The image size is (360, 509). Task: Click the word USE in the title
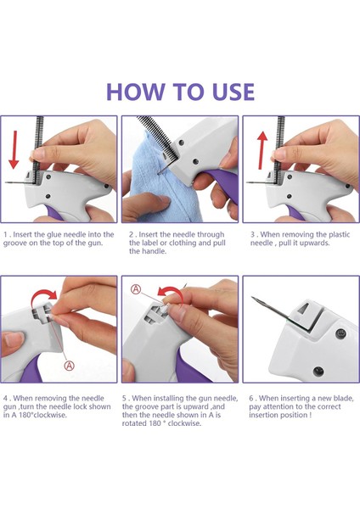(233, 92)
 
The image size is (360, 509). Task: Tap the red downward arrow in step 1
(14, 149)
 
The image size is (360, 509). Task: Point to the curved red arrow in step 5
(170, 292)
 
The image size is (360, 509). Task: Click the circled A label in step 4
(69, 366)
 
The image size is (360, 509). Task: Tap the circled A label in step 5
(136, 288)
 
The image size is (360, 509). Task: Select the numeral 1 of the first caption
(5, 235)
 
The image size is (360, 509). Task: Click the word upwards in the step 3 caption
(315, 243)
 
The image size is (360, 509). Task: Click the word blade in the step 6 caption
(344, 399)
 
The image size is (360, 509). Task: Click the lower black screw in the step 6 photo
(318, 371)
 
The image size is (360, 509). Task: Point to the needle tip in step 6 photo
(252, 297)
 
